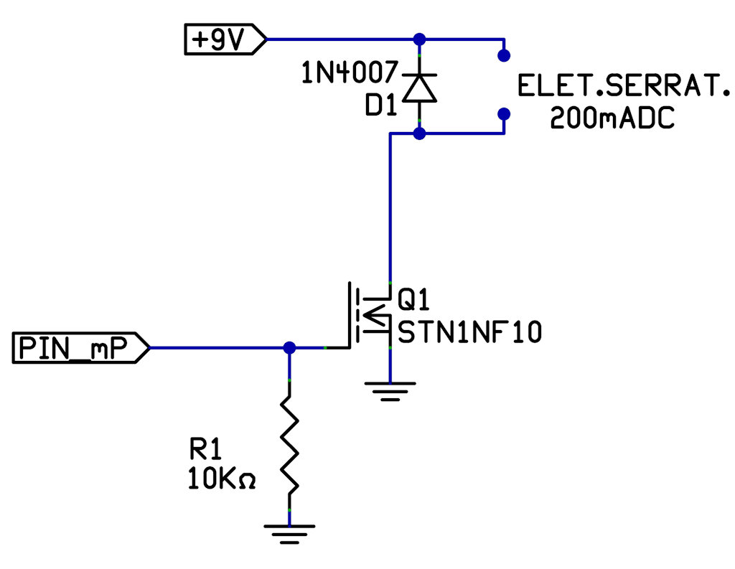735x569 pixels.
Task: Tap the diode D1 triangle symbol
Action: point(419,87)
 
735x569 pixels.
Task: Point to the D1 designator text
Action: point(381,106)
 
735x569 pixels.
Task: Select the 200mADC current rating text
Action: point(612,118)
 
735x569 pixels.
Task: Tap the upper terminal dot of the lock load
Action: point(504,55)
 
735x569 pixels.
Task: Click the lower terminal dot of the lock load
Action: point(504,113)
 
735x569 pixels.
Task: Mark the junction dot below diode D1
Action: point(419,133)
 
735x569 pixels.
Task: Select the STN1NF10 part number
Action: point(469,333)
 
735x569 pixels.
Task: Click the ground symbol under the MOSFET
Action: point(390,392)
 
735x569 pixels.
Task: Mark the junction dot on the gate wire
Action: point(289,348)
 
